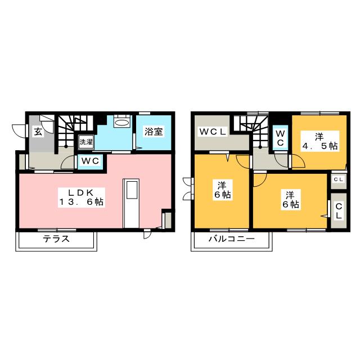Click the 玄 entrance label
tap(37, 132)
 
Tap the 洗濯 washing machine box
tap(86, 142)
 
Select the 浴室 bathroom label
tap(154, 132)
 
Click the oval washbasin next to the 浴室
tap(121, 122)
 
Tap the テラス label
tap(56, 238)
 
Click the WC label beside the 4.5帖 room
tap(280, 137)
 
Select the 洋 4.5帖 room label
tap(318, 141)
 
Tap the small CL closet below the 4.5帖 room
tap(338, 179)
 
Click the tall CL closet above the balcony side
tap(339, 212)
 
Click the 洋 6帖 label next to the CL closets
tap(289, 200)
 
